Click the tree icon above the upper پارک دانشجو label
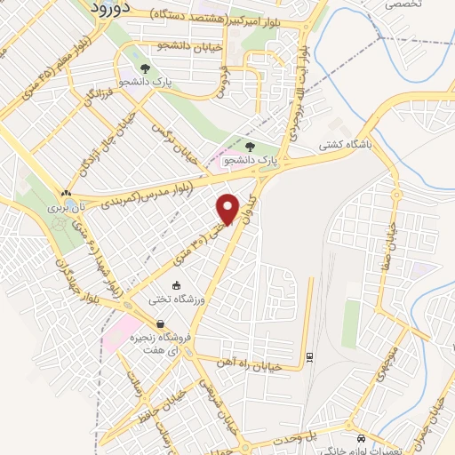click(142, 68)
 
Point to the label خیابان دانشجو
click(184, 45)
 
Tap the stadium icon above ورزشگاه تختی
click(176, 285)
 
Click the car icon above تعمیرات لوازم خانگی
click(360, 439)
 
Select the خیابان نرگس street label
click(178, 142)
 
